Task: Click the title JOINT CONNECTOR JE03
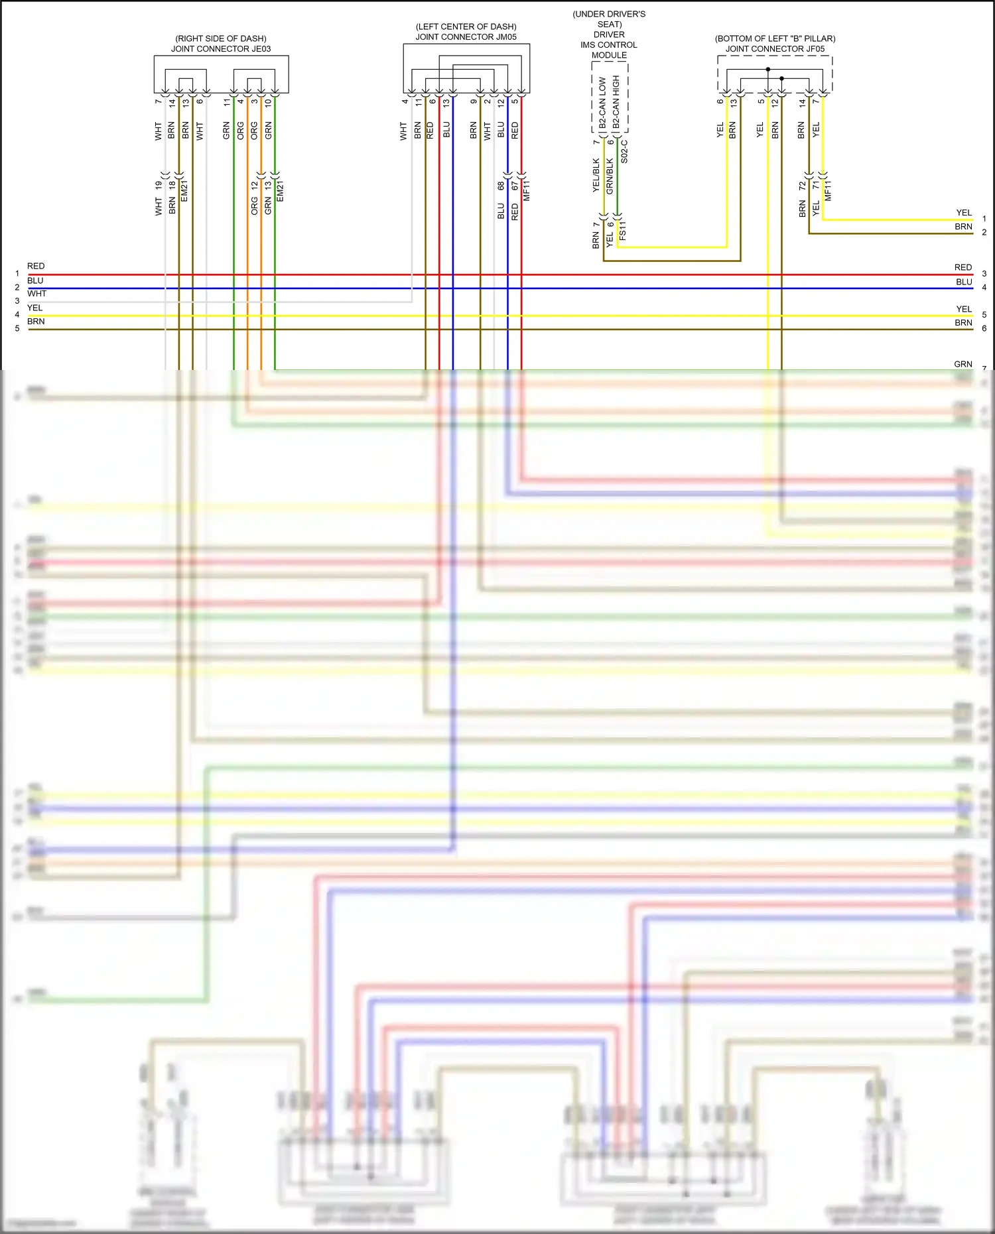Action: click(221, 49)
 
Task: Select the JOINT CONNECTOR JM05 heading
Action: click(466, 37)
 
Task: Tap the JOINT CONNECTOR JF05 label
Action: click(775, 49)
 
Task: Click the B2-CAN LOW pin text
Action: click(602, 103)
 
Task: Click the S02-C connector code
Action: click(624, 152)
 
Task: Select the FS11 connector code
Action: click(622, 230)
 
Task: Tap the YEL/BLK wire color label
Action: click(596, 175)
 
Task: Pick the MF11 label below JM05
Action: click(527, 190)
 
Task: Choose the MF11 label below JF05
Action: click(828, 190)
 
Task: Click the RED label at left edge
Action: click(36, 266)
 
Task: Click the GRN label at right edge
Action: click(963, 364)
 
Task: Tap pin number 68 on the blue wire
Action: click(501, 186)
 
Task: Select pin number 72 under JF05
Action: click(802, 186)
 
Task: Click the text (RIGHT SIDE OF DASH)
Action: click(221, 38)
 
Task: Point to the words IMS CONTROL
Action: click(608, 45)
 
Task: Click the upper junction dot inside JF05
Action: click(768, 69)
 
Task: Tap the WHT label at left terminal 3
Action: click(37, 293)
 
